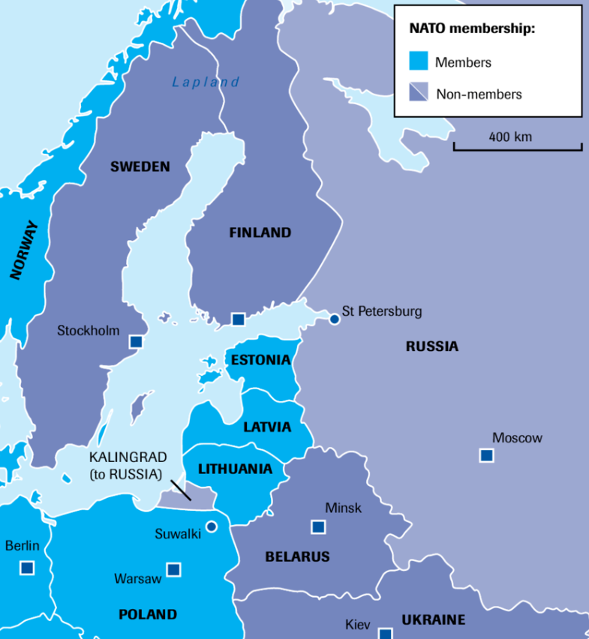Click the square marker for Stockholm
point(136,342)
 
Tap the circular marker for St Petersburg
point(335,319)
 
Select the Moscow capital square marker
point(486,455)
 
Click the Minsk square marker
point(318,527)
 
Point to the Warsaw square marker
point(173,570)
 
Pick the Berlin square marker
point(27,568)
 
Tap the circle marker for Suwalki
point(212,526)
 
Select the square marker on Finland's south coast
point(238,319)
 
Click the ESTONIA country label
point(260,360)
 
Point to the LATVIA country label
point(266,427)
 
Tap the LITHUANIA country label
point(235,469)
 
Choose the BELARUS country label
point(297,556)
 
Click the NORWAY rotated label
point(24,250)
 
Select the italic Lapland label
point(206,82)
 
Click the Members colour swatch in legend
point(418,61)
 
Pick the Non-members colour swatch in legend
point(418,92)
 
